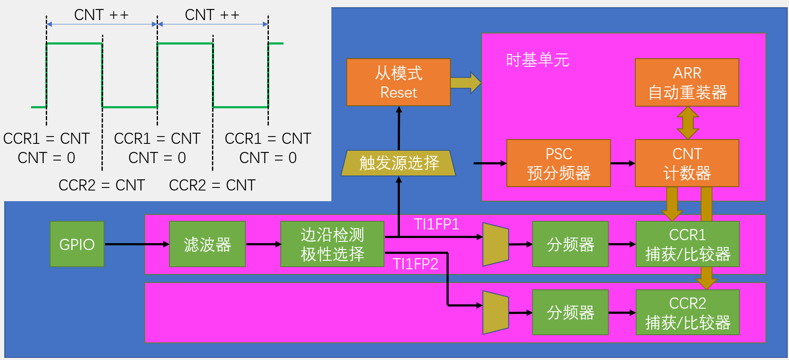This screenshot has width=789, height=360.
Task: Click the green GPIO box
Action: point(77,244)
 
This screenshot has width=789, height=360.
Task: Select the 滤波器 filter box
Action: point(207,244)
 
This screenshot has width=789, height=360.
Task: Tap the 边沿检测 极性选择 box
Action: point(332,244)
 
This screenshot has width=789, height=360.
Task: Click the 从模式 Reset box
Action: point(398,82)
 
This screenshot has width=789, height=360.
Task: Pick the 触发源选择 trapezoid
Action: point(398,163)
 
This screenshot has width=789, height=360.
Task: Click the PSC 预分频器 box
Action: point(558,163)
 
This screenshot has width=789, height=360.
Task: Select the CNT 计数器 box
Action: point(687,163)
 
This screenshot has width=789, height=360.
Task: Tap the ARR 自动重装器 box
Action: point(687,82)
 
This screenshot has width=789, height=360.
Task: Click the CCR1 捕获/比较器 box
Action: point(687,244)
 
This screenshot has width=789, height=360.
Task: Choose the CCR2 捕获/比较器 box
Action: point(687,312)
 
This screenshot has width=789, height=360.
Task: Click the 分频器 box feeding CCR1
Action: point(570,244)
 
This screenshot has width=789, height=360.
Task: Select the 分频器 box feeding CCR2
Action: point(570,312)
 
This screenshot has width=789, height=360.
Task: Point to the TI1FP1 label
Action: point(436,224)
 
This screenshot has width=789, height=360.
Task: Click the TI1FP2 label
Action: point(415,264)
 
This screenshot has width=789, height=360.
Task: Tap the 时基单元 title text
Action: point(537,60)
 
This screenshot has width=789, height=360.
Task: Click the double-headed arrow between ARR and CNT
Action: point(688,123)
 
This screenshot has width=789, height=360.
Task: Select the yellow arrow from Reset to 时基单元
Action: point(465,83)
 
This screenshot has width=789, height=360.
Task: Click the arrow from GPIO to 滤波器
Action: point(137,244)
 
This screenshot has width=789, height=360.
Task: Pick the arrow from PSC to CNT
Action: point(622,163)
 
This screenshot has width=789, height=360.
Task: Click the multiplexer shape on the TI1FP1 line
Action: point(495,244)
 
